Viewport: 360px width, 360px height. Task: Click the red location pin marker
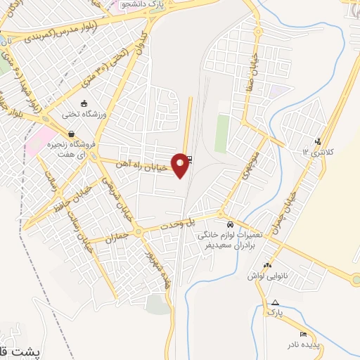click(x=181, y=165)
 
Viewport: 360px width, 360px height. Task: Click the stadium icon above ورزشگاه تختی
click(x=85, y=103)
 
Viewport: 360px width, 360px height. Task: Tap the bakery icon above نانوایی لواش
click(x=266, y=265)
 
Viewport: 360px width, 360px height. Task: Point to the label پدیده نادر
click(x=302, y=346)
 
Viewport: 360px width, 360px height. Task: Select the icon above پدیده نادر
click(x=303, y=334)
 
